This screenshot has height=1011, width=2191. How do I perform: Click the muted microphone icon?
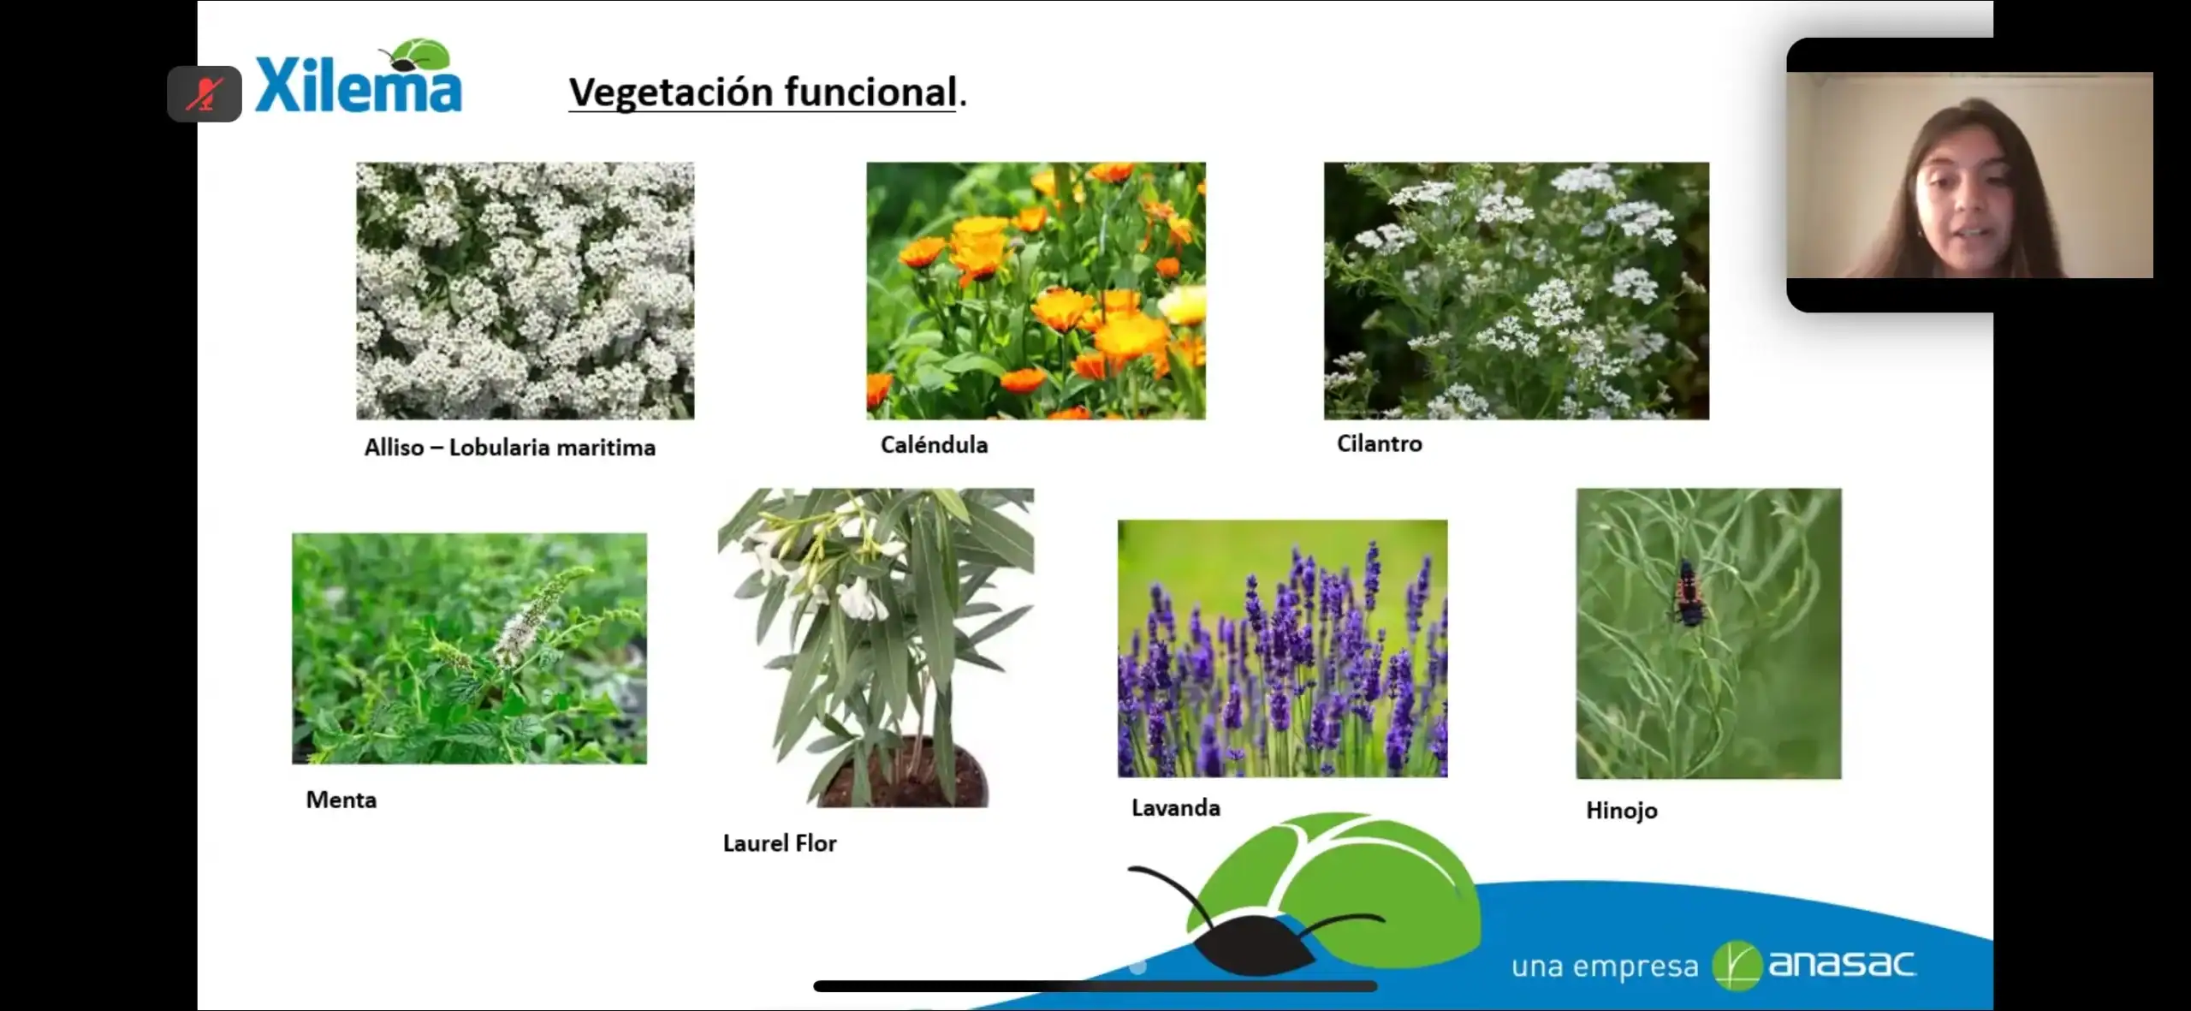point(205,94)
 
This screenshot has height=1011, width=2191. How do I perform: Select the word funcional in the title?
point(870,92)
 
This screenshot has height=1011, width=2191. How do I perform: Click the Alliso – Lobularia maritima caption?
point(510,448)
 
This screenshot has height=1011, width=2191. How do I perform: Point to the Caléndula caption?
point(934,444)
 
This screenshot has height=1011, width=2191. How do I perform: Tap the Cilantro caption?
point(1380,443)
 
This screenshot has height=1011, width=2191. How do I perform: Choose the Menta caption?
point(341,800)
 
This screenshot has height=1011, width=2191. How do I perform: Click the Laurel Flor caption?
point(780,843)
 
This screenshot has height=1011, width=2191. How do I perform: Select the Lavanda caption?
point(1176,808)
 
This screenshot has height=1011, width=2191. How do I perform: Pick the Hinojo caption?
point(1622,811)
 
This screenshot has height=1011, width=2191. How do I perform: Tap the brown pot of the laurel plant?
point(902,776)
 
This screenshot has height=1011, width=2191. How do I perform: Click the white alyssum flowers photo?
point(525,291)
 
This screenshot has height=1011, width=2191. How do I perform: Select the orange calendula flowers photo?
point(1036,291)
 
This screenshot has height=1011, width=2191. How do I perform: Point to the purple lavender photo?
point(1282,649)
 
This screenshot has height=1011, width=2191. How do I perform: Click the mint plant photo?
point(469,649)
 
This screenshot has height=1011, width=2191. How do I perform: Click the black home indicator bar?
point(1095,986)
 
